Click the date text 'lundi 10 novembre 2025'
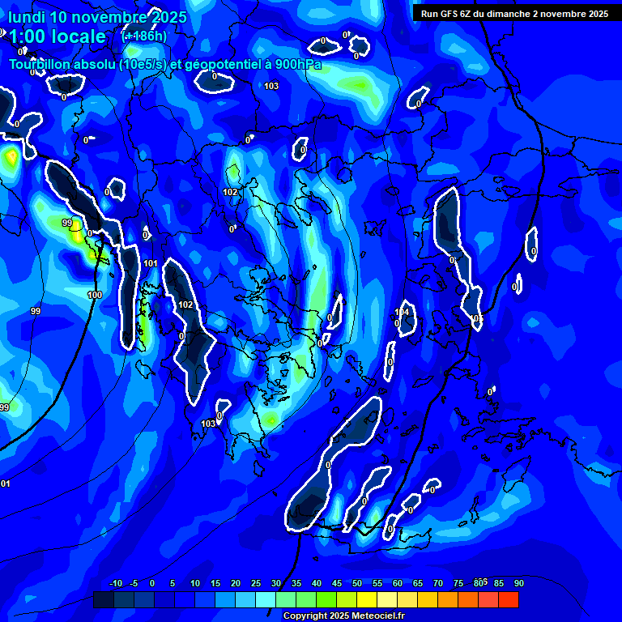click(x=97, y=17)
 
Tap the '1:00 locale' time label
click(x=57, y=36)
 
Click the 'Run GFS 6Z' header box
click(x=515, y=14)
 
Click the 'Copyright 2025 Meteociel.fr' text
click(x=343, y=616)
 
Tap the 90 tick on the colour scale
click(x=518, y=583)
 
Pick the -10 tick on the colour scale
click(x=115, y=583)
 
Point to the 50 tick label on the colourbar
click(x=357, y=583)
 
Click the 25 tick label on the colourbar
click(x=256, y=583)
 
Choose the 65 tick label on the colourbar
click(x=418, y=583)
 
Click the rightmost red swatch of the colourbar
click(x=509, y=599)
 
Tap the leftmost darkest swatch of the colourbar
click(x=104, y=599)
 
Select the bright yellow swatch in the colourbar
click(x=367, y=599)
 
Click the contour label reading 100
click(x=95, y=296)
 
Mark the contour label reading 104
click(x=403, y=313)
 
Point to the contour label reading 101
click(x=151, y=264)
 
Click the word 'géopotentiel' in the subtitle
click(x=220, y=65)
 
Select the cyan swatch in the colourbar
click(x=266, y=599)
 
